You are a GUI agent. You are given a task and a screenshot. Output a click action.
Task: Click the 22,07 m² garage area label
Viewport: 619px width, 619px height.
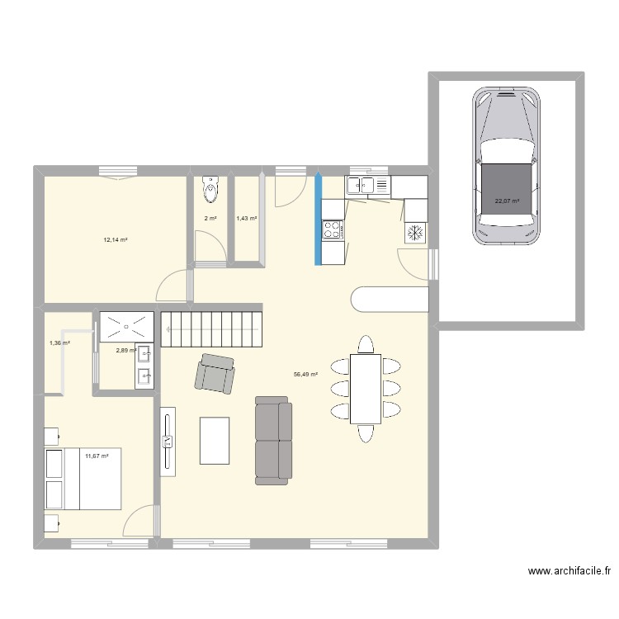(x=507, y=201)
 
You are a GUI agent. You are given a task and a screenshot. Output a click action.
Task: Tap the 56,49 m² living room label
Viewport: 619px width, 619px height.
(x=305, y=374)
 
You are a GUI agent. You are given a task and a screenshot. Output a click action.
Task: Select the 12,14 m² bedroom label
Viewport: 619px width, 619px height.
(x=115, y=240)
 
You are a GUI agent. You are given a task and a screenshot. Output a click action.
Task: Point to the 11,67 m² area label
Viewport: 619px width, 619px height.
(x=96, y=456)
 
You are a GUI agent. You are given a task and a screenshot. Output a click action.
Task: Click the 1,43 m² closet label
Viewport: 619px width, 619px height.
(x=246, y=219)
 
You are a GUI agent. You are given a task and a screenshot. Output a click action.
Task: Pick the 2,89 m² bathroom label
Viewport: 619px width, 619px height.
(x=125, y=350)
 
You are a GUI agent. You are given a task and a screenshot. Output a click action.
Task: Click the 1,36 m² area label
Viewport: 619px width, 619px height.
(x=59, y=343)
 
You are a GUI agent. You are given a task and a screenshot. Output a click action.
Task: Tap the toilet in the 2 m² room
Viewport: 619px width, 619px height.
(x=210, y=190)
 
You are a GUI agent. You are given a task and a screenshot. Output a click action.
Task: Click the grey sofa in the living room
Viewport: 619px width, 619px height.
(x=273, y=439)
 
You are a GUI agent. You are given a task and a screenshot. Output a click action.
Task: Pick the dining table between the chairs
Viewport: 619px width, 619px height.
(x=366, y=388)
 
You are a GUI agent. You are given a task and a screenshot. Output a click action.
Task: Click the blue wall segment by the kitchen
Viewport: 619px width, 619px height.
(x=318, y=219)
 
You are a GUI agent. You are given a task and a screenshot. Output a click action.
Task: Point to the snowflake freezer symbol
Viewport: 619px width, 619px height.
(x=414, y=234)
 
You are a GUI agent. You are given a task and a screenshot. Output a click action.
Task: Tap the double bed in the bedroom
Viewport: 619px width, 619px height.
(x=83, y=479)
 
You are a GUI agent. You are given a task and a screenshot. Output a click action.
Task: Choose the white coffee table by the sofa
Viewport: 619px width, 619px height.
(x=215, y=441)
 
